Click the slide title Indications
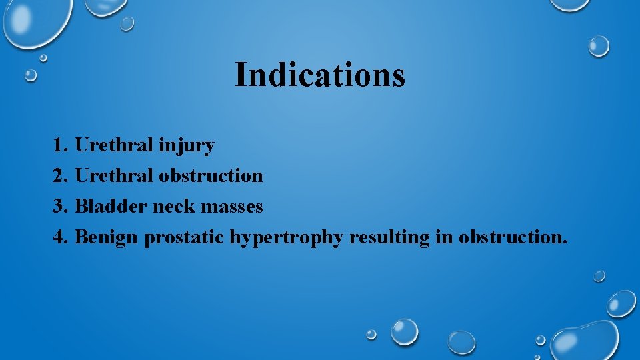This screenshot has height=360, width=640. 319,75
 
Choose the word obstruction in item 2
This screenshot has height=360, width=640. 211,175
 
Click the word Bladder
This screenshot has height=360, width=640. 111,206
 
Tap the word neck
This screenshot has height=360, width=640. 175,206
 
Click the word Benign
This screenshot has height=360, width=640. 107,238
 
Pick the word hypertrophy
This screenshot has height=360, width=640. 287,238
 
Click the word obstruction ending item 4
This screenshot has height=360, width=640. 509,237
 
